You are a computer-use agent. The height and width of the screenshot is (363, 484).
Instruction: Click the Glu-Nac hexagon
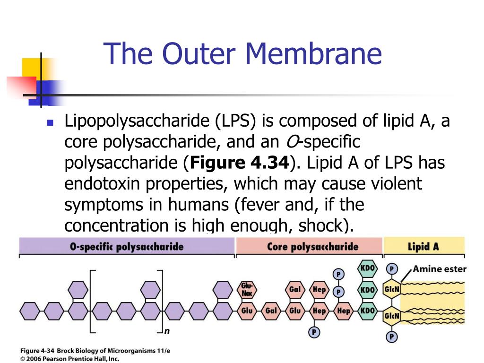[247, 289]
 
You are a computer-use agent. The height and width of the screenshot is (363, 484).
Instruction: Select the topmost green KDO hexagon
[367, 268]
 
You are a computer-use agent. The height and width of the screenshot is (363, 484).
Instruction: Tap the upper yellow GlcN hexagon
[392, 290]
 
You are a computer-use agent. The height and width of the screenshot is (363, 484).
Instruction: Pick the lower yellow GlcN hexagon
[392, 316]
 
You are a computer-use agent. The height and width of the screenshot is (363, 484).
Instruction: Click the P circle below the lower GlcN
[392, 337]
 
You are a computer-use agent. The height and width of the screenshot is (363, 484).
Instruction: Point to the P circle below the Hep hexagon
[314, 332]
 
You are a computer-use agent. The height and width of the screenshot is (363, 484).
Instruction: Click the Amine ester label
[440, 269]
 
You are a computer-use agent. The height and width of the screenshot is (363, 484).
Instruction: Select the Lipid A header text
[423, 246]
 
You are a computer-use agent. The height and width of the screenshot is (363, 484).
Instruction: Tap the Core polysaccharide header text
[312, 246]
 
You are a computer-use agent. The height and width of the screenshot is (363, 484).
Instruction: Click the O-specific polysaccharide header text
[127, 246]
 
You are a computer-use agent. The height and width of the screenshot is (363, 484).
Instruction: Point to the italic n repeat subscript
[167, 331]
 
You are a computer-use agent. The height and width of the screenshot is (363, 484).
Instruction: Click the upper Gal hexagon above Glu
[295, 289]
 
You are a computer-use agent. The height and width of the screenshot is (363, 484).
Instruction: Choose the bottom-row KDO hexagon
[367, 311]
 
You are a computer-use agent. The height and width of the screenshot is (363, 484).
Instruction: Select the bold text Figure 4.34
[239, 163]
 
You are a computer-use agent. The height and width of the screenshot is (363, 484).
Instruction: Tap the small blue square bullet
[51, 122]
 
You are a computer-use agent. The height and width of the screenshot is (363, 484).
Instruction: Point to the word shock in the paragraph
[321, 225]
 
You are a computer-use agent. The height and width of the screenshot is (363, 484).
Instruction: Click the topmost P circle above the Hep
[338, 274]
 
